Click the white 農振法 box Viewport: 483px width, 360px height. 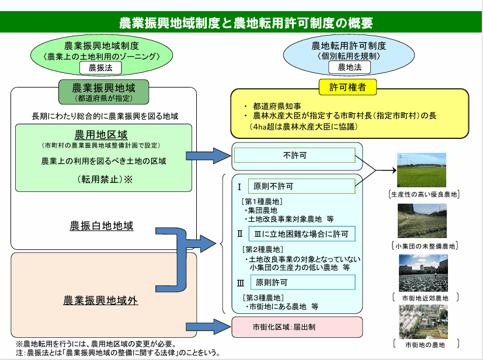pos(100,68)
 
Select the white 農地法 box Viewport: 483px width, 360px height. pos(349,67)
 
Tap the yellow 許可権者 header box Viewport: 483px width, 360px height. pos(348,88)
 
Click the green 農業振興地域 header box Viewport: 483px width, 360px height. pos(104,92)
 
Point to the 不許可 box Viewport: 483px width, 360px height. pos(295,155)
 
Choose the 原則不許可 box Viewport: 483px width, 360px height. pos(302,186)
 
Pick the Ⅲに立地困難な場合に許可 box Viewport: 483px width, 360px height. pos(302,234)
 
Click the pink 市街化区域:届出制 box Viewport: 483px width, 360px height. pos(297,327)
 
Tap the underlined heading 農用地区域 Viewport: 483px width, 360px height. pos(101,135)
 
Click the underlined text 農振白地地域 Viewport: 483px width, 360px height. pos(102,226)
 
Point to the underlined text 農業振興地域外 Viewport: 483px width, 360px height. pos(100,300)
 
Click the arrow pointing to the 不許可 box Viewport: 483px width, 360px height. pos(209,156)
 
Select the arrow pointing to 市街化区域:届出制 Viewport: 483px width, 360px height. pos(209,327)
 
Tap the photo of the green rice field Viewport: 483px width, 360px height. pos(422,170)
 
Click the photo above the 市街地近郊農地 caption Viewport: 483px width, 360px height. pos(423,273)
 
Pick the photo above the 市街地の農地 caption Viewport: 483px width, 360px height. pos(423,321)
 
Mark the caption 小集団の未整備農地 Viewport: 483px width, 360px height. pos(425,246)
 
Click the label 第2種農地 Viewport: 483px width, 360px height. pos(263,249)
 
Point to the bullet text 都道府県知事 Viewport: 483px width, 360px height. pos(277,106)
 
